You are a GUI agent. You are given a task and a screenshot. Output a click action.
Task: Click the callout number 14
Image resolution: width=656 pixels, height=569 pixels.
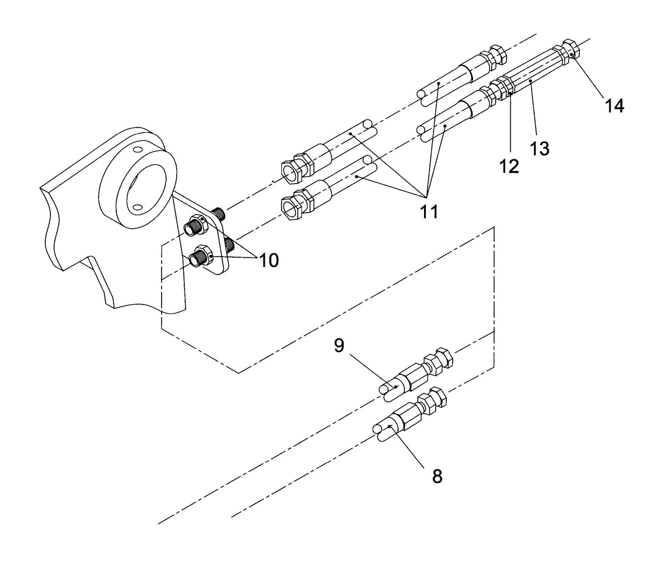[614, 106]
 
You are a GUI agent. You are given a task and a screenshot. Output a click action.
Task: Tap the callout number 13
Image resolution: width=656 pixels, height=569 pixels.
[539, 148]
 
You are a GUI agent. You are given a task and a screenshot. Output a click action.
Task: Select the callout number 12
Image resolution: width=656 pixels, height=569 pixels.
[509, 166]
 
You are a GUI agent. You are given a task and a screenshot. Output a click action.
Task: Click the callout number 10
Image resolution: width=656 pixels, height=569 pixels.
[268, 260]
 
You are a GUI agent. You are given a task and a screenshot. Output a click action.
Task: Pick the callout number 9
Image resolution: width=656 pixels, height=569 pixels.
[339, 345]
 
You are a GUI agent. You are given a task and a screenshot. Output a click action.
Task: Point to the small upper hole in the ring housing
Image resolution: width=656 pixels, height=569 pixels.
[137, 150]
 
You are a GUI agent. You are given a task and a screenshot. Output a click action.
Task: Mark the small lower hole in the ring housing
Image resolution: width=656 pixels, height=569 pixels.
[137, 207]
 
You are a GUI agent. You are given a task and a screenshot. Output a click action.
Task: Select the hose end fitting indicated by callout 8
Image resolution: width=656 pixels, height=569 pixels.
[409, 413]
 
